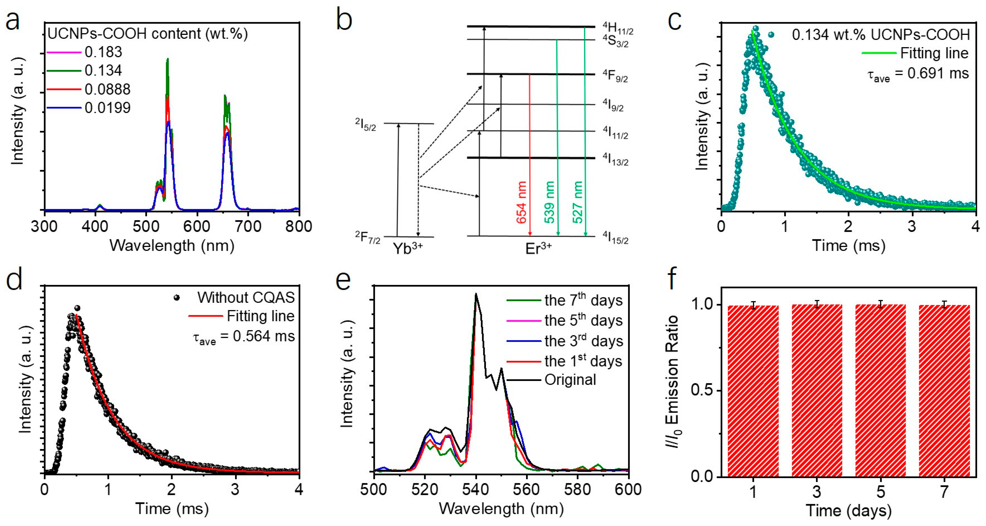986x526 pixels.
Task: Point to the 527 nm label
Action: pos(578,202)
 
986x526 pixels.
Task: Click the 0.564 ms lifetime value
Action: pos(264,336)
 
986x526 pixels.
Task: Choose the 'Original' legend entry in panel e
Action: pos(570,380)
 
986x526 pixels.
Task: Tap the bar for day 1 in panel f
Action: pos(753,391)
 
